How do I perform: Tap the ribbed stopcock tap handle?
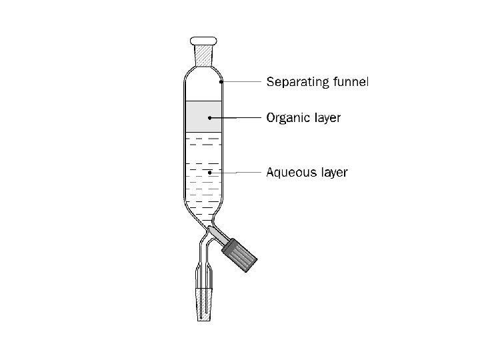click(x=240, y=253)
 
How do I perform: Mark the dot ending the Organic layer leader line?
click(x=210, y=117)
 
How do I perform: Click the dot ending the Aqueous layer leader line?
click(x=210, y=172)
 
